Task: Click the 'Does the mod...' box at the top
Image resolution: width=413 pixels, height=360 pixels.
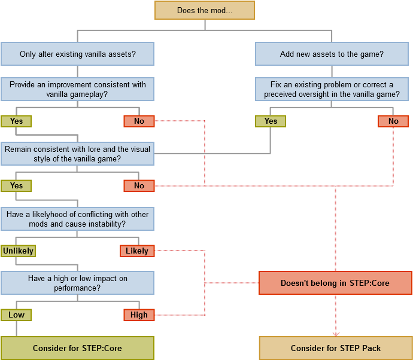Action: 205,10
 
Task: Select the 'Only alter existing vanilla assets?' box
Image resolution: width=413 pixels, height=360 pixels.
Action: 77,54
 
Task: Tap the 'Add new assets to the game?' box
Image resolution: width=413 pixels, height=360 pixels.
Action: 332,54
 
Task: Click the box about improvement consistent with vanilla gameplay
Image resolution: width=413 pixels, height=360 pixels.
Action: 77,89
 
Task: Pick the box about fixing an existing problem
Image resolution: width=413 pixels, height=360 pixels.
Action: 332,89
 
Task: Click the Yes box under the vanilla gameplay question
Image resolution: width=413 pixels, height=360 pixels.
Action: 16,121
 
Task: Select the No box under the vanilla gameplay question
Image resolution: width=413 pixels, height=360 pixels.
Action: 139,121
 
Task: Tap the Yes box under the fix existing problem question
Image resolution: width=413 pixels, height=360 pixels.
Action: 271,121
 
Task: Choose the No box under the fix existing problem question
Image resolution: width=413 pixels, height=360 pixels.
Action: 393,121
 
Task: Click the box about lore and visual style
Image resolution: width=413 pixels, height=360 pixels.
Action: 77,154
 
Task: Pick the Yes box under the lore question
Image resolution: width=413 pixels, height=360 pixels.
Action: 16,185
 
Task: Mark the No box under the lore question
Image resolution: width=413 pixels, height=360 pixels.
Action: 139,185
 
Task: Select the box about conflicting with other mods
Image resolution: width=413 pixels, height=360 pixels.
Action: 77,218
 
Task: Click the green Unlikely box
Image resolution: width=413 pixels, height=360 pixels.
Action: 18,251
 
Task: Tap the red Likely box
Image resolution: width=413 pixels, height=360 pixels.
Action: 137,251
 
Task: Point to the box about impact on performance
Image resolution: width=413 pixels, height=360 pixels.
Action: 77,283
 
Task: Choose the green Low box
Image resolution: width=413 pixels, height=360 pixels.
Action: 16,315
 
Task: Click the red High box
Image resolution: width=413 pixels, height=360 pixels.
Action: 139,315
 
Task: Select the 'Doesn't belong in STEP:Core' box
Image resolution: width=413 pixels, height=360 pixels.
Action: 335,283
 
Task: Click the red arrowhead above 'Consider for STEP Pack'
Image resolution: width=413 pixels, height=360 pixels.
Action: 336,334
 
